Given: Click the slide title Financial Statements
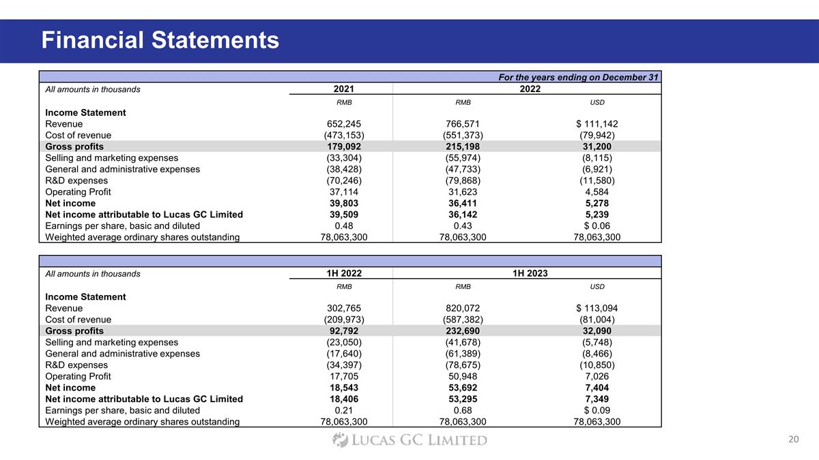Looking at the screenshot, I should pos(160,40).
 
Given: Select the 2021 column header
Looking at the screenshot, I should pos(343,89).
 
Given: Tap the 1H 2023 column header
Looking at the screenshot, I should pos(526,273).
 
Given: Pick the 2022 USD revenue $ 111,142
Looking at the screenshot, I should pos(597,124).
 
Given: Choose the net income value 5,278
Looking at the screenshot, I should pos(597,203).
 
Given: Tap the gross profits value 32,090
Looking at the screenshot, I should pos(597,331).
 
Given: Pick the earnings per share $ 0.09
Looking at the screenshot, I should pos(597,410).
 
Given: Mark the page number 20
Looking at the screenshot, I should pos(793,440).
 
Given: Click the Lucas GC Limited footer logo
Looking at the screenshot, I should pos(409,440).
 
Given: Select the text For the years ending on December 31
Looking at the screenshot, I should pos(579,77).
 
